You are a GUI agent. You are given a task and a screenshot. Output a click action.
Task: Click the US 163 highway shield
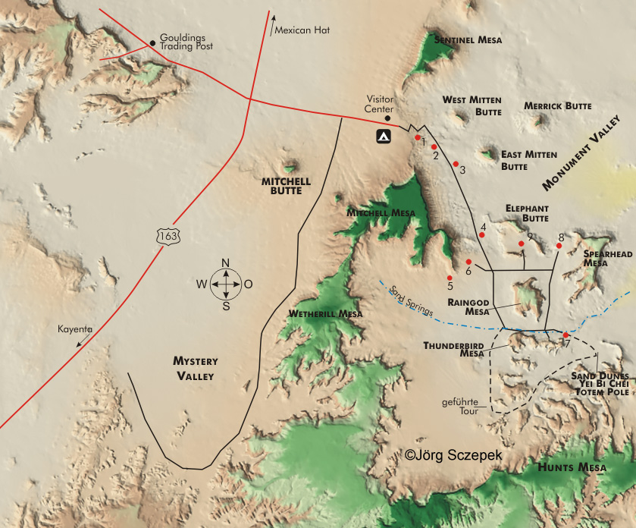click(x=168, y=235)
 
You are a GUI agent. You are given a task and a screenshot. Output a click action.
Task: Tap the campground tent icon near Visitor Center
click(x=384, y=137)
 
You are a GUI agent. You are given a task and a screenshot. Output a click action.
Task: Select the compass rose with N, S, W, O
click(x=226, y=284)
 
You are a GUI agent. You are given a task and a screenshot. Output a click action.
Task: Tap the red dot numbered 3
click(x=456, y=163)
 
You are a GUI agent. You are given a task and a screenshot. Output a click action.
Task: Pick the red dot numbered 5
click(x=450, y=278)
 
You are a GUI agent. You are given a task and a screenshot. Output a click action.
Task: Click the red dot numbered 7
click(x=566, y=335)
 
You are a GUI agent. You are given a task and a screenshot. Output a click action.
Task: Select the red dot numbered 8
click(x=559, y=245)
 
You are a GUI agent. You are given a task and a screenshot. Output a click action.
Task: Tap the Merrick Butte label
click(x=557, y=106)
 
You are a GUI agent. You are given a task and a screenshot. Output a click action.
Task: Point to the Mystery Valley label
click(x=194, y=369)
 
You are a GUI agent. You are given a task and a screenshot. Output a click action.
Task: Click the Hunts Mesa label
click(x=572, y=468)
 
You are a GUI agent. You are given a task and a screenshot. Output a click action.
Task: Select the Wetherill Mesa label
click(x=325, y=313)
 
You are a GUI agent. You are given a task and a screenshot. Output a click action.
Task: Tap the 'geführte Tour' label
click(x=459, y=406)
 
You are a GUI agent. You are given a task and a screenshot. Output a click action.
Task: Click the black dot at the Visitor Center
click(x=388, y=118)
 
